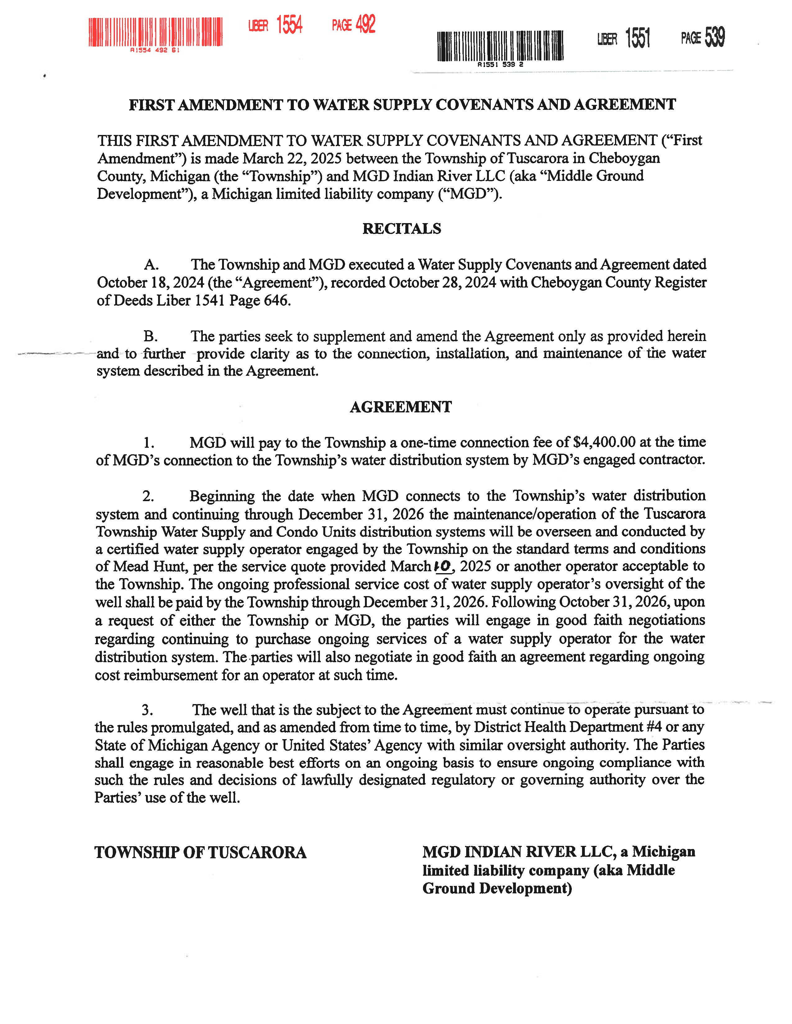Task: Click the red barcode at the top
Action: (155, 32)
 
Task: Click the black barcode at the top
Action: (500, 46)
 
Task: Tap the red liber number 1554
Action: (289, 25)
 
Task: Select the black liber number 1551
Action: (638, 38)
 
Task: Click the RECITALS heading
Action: (402, 229)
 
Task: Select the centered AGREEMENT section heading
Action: (401, 407)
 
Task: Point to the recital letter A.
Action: (151, 265)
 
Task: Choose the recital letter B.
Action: (150, 336)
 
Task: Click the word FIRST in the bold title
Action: (152, 105)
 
